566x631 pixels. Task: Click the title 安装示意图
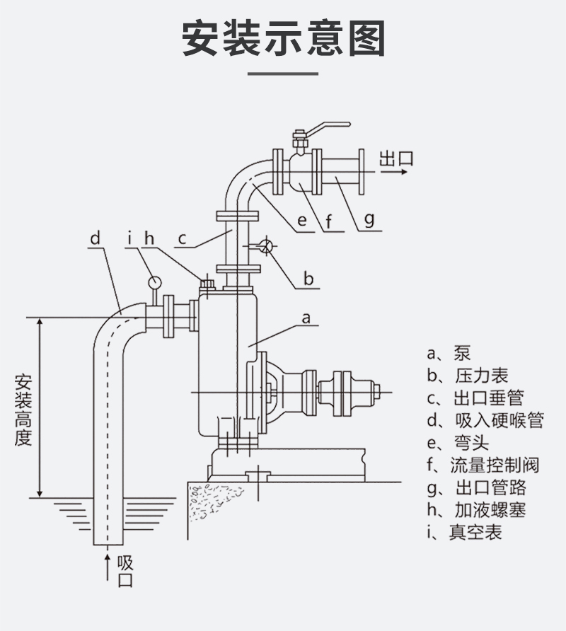coord(283,38)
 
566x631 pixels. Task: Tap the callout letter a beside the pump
coord(306,318)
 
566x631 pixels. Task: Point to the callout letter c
coord(182,238)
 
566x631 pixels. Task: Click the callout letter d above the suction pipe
coord(96,238)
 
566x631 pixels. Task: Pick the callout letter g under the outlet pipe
coord(369,219)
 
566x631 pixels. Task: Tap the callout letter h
coord(149,238)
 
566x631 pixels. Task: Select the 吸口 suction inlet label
coord(125,572)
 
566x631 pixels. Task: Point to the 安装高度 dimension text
coord(23,409)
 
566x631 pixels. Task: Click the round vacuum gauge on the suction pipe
coord(154,282)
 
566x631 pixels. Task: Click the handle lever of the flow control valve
coord(329,127)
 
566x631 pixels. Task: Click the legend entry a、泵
coord(449,354)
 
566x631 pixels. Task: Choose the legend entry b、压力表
coord(467,376)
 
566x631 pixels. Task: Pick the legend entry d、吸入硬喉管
coord(485,420)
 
